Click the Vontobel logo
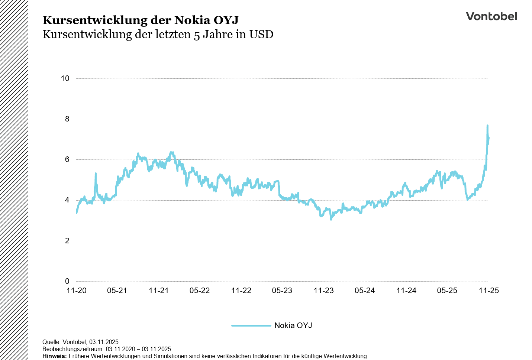click(491, 16)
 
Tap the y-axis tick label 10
click(65, 78)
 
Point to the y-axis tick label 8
click(67, 119)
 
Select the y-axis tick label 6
click(67, 159)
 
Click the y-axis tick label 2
click(67, 241)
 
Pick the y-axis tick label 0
click(67, 281)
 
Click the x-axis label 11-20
click(77, 291)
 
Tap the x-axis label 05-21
click(117, 291)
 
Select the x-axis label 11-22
click(241, 291)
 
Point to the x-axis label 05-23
click(282, 291)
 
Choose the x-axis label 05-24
click(365, 291)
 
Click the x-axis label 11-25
click(489, 291)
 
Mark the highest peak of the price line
click(487, 126)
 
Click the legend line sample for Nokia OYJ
click(251, 325)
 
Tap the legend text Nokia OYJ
click(293, 325)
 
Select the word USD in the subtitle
click(261, 35)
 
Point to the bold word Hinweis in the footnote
click(54, 356)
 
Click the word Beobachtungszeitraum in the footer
click(72, 349)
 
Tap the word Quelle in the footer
click(51, 342)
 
